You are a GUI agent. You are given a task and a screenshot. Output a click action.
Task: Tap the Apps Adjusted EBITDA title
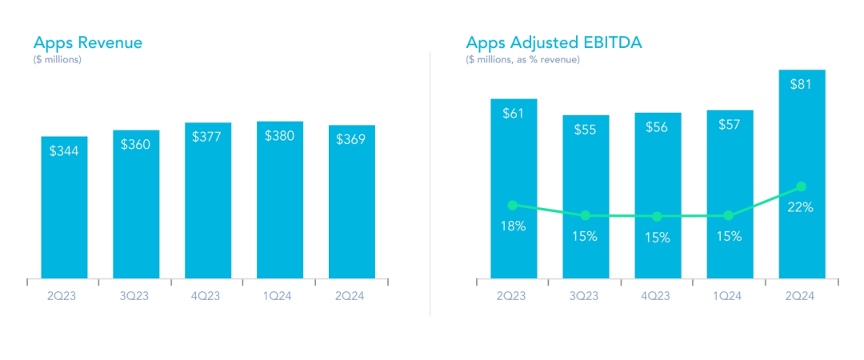pos(554,42)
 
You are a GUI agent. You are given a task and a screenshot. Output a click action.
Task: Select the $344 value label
pos(64,150)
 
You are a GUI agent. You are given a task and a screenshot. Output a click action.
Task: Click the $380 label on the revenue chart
pos(279,136)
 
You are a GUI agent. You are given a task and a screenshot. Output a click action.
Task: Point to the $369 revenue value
pos(351,139)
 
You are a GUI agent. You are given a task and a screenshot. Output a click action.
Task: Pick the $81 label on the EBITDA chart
pos(802,84)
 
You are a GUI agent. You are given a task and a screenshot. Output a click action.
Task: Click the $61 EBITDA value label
pos(513,113)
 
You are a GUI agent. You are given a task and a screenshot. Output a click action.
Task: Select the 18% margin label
pos(513,226)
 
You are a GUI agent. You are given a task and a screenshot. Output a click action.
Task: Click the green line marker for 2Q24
pos(802,187)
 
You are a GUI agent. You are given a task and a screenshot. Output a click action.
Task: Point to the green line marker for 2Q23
pos(513,206)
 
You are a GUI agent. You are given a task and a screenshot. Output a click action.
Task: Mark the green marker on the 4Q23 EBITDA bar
pos(657,216)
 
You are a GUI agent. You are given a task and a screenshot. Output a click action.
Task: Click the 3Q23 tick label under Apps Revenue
pos(136,295)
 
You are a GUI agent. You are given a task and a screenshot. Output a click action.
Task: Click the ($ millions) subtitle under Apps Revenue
pos(58,60)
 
